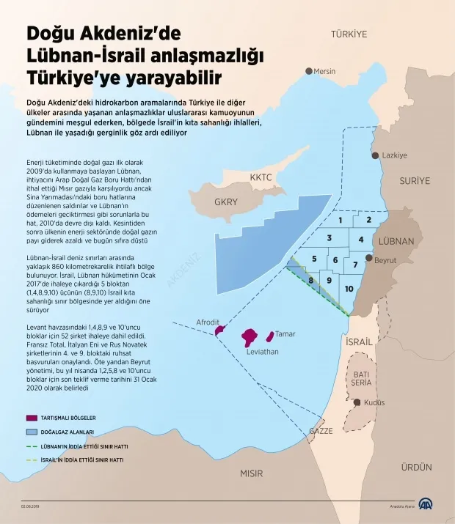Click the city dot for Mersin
pos(309,71)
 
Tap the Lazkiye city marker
pos(376,155)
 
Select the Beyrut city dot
pos(368,260)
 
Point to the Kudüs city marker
pos(357,402)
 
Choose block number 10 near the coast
pos(349,289)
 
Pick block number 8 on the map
pos(311,280)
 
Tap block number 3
pos(330,237)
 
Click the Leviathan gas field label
pos(262,352)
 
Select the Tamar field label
pos(285,334)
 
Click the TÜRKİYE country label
pos(349,34)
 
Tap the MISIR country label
pos(251,473)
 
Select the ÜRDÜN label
pos(416,467)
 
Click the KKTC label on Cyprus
pos(261,177)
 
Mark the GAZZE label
pos(321,431)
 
